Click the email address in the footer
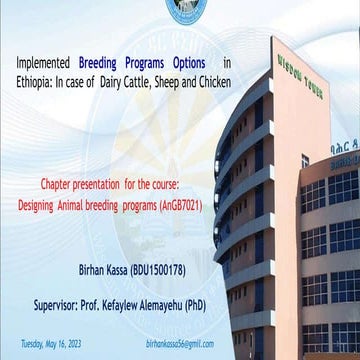(180, 342)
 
